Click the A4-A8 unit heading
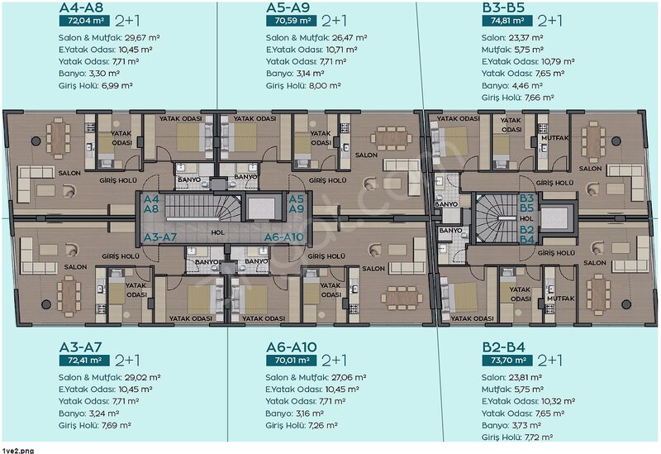pyautogui.click(x=81, y=7)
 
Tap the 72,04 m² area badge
pyautogui.click(x=85, y=21)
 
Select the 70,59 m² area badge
pyautogui.click(x=292, y=21)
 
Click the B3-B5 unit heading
pyautogui.click(x=503, y=7)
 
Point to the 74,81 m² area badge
pyautogui.click(x=507, y=21)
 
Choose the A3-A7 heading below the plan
pyautogui.click(x=80, y=347)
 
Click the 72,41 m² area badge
pyautogui.click(x=85, y=361)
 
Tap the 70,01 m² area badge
pyautogui.click(x=292, y=361)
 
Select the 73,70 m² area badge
pyautogui.click(x=507, y=361)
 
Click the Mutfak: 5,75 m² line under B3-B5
pyautogui.click(x=512, y=50)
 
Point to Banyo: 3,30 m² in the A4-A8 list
pyautogui.click(x=89, y=74)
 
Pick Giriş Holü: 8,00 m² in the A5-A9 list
pyautogui.click(x=303, y=86)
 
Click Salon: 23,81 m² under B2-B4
pyautogui.click(x=511, y=378)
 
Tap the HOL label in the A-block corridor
pyautogui.click(x=217, y=232)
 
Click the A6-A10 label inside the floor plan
pyautogui.click(x=283, y=237)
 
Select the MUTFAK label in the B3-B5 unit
pyautogui.click(x=555, y=138)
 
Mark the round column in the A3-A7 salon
pyautogui.click(x=46, y=303)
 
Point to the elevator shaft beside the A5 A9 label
pyautogui.click(x=261, y=208)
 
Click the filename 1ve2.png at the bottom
pyautogui.click(x=17, y=451)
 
